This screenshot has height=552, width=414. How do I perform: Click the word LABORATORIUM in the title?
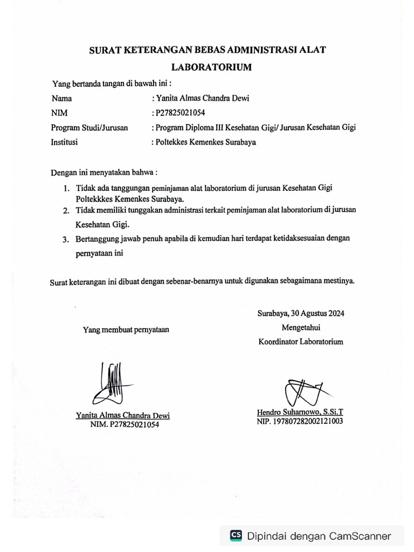[211, 68]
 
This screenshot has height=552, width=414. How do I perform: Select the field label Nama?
[61, 98]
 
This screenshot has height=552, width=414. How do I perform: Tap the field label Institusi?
[64, 142]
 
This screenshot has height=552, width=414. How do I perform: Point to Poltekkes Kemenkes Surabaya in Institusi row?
[205, 142]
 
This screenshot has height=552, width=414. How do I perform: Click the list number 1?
[65, 189]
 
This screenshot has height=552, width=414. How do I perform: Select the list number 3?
[65, 238]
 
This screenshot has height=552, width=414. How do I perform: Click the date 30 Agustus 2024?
[318, 313]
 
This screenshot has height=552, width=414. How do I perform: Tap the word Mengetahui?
[300, 327]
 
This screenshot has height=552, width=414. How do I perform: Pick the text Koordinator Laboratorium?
[300, 341]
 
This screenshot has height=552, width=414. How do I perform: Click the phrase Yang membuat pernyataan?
[126, 330]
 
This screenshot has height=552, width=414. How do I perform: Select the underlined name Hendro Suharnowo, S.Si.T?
[300, 412]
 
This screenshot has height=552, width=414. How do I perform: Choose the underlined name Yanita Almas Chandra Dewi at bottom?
[122, 415]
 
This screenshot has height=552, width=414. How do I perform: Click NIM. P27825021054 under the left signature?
[125, 424]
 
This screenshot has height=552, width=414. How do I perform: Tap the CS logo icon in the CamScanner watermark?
[236, 535]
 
